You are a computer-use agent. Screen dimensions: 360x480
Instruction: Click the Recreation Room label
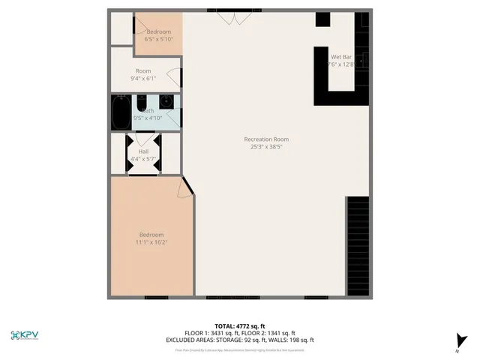[265, 139]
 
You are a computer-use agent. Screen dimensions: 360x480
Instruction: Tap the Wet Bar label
[341, 57]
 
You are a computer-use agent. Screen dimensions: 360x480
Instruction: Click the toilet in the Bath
[167, 101]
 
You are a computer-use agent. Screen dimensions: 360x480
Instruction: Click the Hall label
[142, 151]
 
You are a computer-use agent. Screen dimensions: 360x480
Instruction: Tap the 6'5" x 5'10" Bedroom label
[158, 31]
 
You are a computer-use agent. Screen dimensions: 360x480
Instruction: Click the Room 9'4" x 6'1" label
[142, 71]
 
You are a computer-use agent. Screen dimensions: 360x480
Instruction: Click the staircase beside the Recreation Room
[358, 247]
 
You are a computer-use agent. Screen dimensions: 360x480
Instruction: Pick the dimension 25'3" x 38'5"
[265, 147]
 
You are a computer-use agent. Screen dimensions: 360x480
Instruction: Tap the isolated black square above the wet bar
[322, 20]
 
